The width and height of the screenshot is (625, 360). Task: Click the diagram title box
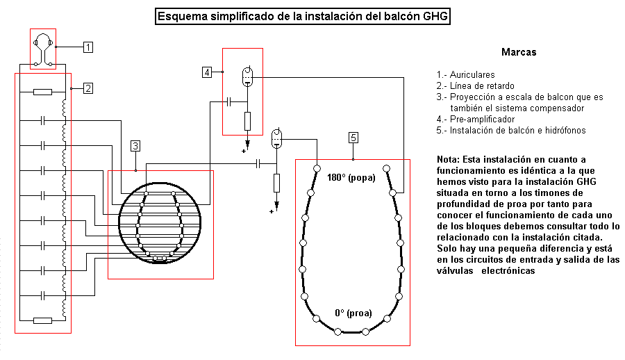[x=303, y=17]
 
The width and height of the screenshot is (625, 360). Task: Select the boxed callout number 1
[x=88, y=47]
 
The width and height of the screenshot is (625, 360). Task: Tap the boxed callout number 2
[x=88, y=88]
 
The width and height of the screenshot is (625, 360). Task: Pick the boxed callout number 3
[x=135, y=146]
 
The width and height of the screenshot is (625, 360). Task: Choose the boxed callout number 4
[x=207, y=72]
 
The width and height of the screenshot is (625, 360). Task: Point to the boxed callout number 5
[x=353, y=138]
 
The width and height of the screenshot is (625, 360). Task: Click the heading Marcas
[x=519, y=52]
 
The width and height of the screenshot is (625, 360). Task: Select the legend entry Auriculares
[x=465, y=74]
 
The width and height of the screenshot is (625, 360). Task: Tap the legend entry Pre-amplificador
[x=476, y=120]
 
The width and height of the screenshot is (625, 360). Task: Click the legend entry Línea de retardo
[x=475, y=85]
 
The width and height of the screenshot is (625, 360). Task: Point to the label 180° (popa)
[x=351, y=178]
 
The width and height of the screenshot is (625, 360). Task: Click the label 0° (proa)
[x=353, y=313]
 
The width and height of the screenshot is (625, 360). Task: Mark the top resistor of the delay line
[x=42, y=92]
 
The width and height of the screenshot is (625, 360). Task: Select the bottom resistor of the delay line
[x=42, y=320]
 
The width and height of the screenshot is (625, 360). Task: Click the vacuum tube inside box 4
[x=247, y=76]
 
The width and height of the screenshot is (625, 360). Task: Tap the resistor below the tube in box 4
[x=247, y=122]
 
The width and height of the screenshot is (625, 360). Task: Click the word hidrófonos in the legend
[x=566, y=131]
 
